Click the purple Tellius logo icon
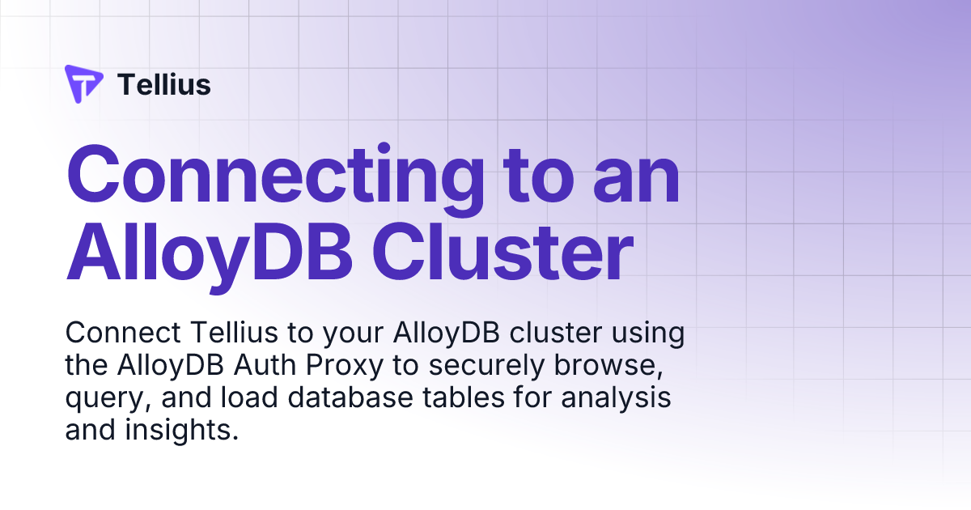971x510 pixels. (83, 84)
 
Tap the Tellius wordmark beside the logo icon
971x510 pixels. (164, 85)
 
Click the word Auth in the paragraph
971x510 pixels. (266, 366)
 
